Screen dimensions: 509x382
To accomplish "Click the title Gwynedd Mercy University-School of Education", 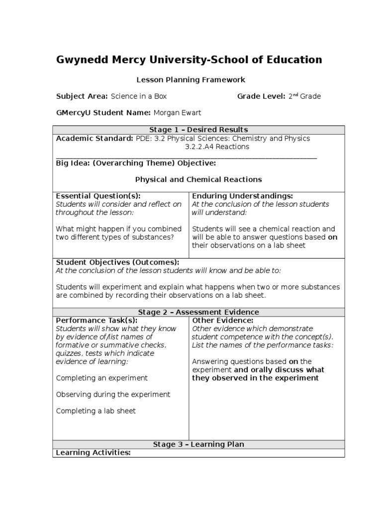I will point(189,60).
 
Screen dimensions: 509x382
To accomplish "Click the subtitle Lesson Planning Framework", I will point(191,80).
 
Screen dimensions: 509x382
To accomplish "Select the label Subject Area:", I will point(82,96).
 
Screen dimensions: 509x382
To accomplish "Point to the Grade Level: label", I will point(261,96).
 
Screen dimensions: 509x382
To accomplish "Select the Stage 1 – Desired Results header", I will point(198,130).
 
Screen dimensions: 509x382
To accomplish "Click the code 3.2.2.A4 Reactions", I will point(217,147).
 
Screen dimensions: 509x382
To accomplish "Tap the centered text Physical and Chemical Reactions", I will point(198,179).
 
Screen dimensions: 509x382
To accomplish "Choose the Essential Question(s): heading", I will point(98,196).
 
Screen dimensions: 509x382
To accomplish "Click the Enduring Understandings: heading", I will point(242,196).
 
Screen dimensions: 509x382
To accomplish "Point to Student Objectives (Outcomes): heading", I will point(117,262).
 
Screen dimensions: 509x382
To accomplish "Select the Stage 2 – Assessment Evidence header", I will point(198,312).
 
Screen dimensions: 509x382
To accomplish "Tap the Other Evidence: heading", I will point(222,321).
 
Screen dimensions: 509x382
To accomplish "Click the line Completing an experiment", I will point(102,378).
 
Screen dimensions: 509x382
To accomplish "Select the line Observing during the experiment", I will point(113,394).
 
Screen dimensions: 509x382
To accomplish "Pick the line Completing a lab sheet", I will point(96,411).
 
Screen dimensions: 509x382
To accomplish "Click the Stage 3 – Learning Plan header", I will point(198,444).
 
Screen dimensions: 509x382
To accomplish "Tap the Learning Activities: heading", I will point(93,453).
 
